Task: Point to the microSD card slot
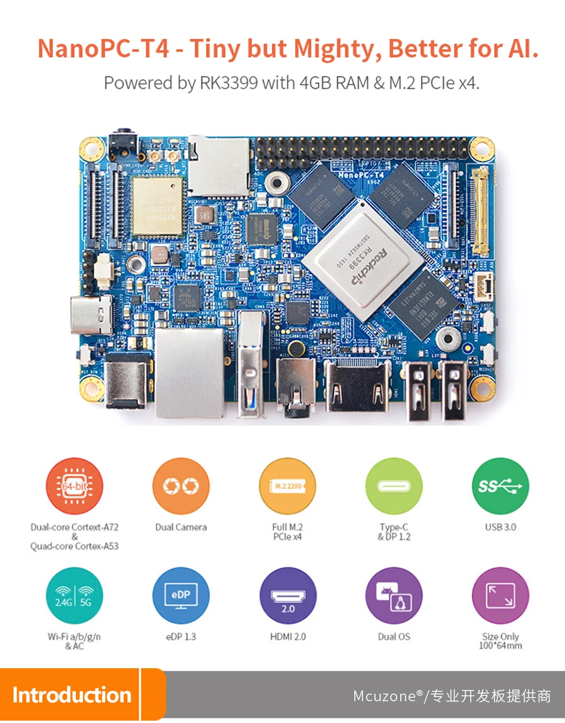(218, 166)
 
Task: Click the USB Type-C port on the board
(91, 315)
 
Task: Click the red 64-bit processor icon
(74, 486)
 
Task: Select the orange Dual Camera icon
(181, 486)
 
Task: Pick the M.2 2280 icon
(287, 486)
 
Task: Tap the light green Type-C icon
(394, 486)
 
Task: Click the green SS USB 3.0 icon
(500, 486)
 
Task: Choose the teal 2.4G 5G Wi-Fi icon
(74, 596)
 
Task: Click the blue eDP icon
(181, 596)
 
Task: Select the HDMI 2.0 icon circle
(287, 596)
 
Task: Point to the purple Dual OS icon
(394, 596)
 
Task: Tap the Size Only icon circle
(500, 596)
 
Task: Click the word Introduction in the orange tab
(71, 695)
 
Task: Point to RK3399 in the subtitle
(228, 83)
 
